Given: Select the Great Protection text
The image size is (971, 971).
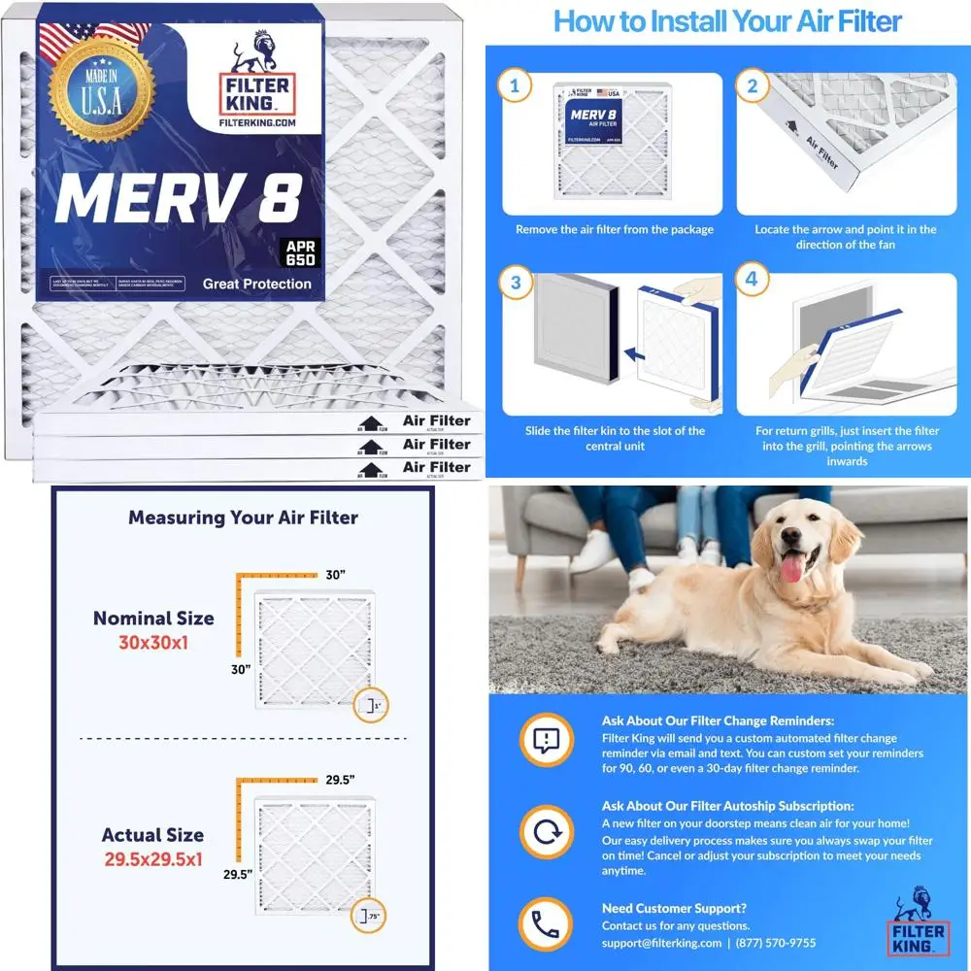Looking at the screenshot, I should pos(256,285).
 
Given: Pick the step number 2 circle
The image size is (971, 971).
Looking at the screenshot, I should pos(751,86).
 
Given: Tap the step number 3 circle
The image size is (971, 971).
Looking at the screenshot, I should pos(515,284).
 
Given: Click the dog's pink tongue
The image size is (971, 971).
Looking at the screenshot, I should pos(793,568).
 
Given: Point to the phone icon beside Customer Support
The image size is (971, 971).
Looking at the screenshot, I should pos(547,922).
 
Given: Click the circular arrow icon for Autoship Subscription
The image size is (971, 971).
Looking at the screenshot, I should pos(547,831).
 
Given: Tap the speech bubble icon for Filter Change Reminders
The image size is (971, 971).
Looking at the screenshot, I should pos(547,741).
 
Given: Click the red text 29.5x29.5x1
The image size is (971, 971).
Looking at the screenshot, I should pos(152,857).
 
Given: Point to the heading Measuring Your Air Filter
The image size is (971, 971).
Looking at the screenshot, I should pos(243,518).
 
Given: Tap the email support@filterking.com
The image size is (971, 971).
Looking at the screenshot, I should pos(661,943).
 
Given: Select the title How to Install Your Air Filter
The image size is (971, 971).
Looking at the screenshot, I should pos(727,21).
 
